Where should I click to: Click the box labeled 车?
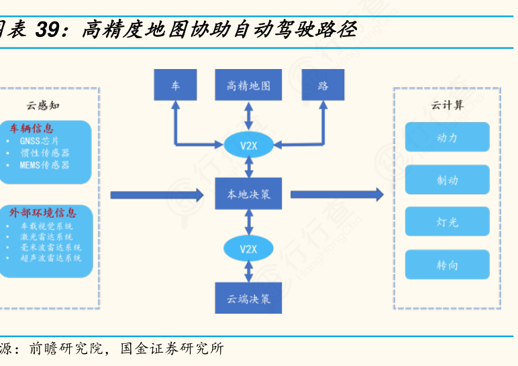175,86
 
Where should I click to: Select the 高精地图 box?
248,86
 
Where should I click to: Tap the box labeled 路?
323,86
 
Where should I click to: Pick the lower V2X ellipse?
249,249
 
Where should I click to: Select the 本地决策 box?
248,194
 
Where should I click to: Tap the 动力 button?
447,137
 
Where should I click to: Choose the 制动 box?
447,180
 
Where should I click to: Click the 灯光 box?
447,222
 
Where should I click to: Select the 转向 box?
447,265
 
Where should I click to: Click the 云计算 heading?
447,105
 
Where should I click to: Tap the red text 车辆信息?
32,128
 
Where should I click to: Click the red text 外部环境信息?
42,213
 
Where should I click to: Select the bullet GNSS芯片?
40,141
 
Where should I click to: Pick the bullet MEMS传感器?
44,164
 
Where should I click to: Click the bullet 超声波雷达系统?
51,257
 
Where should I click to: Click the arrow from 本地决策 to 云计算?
336,194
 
